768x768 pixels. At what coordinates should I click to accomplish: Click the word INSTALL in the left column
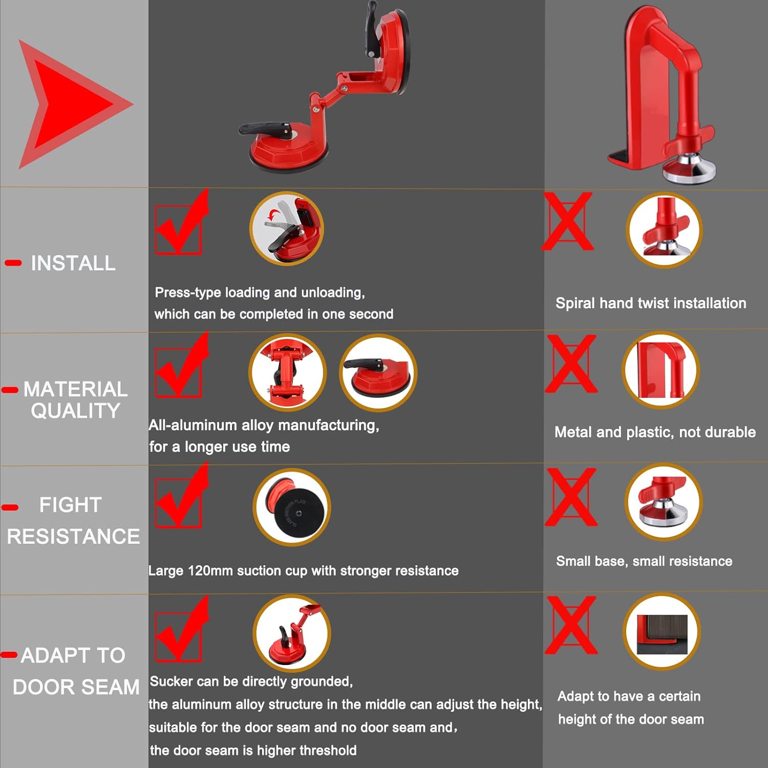point(73,263)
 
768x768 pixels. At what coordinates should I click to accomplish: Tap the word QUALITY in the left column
point(76,411)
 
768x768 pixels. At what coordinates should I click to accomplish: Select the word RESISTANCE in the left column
point(73,536)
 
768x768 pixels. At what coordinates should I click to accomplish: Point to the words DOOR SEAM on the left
point(76,687)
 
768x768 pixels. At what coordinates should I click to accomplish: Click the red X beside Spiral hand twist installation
point(568,221)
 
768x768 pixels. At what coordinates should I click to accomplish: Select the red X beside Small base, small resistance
point(571,497)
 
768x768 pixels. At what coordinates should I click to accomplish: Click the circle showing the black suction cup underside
point(292,507)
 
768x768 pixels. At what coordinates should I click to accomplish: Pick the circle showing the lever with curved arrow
point(287,228)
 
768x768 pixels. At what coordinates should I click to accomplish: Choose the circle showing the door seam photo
point(662,631)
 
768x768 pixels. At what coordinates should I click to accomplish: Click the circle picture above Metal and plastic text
point(661,370)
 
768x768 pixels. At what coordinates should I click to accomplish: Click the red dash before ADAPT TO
point(9,655)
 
